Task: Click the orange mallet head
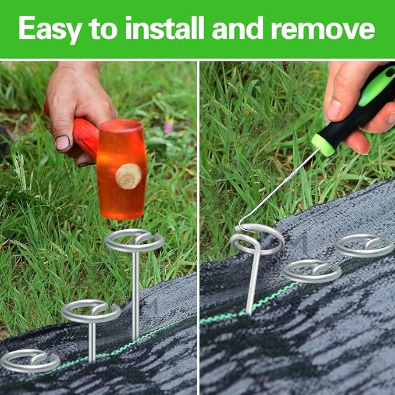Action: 122,169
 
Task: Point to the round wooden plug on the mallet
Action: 128,176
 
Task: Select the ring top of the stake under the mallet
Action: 134,240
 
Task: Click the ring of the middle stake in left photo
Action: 91,311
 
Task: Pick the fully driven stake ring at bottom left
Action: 30,361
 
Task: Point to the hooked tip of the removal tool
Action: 242,226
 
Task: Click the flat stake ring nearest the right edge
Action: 364,245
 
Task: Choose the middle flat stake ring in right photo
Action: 312,271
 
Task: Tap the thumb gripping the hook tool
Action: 337,96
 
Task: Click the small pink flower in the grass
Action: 169,127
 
